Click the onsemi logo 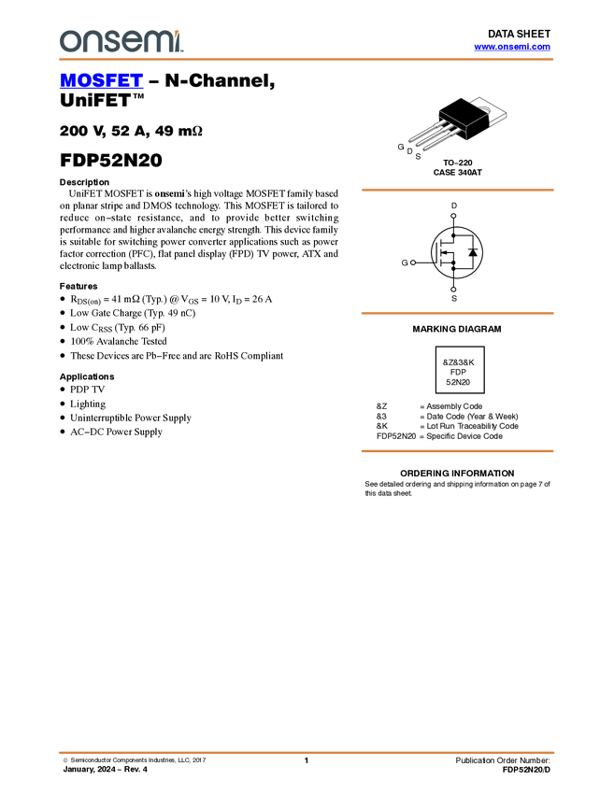(121, 41)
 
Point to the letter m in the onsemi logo (156, 42)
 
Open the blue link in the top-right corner (512, 47)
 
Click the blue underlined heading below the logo (101, 81)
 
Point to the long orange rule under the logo (307, 60)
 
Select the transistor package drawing (447, 129)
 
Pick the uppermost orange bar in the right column (457, 190)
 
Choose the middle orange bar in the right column (457, 313)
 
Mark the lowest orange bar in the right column (457, 451)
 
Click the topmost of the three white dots (453, 216)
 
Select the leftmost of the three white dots (413, 262)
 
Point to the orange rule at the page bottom (307, 752)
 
